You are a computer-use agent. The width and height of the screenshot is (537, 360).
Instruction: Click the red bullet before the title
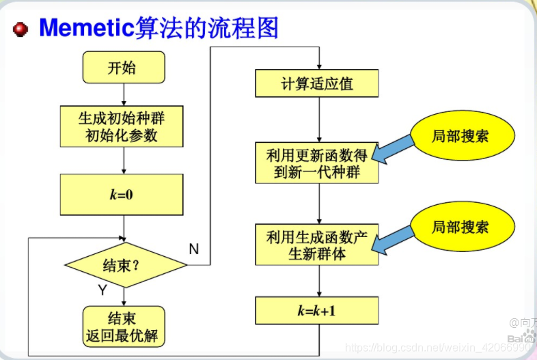click(x=20, y=29)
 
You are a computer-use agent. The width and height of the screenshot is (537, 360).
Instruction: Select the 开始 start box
click(x=123, y=68)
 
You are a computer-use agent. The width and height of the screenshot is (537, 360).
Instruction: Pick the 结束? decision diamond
click(x=124, y=265)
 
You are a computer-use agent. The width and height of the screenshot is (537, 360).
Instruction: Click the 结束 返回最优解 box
click(x=123, y=327)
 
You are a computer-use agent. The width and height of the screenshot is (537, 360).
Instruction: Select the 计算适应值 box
click(x=317, y=84)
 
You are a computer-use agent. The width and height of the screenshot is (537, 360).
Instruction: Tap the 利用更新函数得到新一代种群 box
click(x=317, y=163)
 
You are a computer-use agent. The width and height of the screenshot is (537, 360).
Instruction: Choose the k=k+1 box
click(x=317, y=311)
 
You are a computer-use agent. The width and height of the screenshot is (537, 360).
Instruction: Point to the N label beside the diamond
click(x=193, y=249)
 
